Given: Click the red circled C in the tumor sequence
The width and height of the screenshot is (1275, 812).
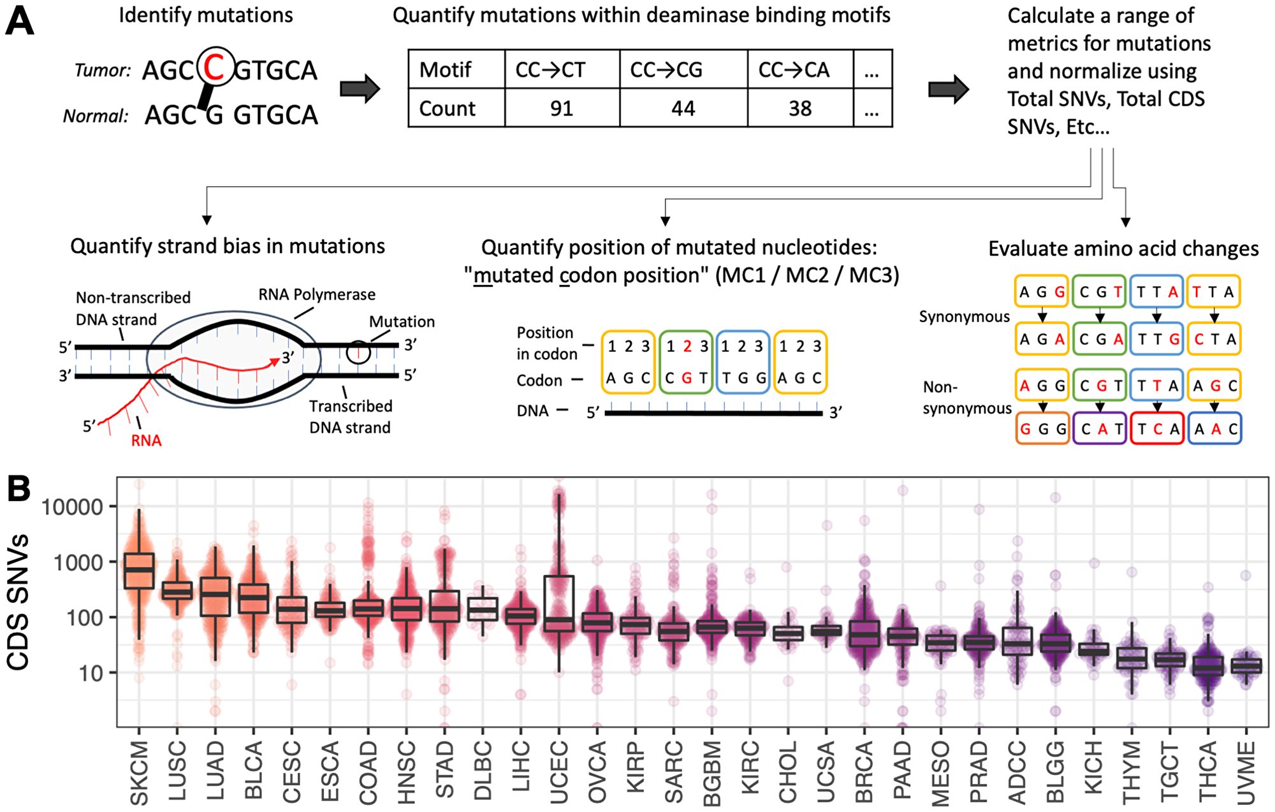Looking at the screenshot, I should pyautogui.click(x=215, y=68).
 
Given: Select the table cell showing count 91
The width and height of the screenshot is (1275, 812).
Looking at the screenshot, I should pyautogui.click(x=562, y=108).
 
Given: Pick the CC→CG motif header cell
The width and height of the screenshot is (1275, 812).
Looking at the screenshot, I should pyautogui.click(x=683, y=69).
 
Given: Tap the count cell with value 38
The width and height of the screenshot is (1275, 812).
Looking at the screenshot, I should pyautogui.click(x=800, y=108).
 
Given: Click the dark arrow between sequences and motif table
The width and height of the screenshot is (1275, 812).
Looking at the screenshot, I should pyautogui.click(x=360, y=89).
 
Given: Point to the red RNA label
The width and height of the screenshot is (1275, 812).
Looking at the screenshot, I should pyautogui.click(x=146, y=440).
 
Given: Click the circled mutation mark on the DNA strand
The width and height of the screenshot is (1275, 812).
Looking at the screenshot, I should pyautogui.click(x=359, y=351).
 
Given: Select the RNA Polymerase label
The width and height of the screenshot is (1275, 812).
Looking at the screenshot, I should pyautogui.click(x=316, y=295).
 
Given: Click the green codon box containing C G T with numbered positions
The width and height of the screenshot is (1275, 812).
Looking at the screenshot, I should pyautogui.click(x=686, y=362).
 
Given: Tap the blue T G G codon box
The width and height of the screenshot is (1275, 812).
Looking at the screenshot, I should pyautogui.click(x=743, y=362).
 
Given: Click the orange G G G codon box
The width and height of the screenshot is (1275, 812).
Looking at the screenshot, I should pyautogui.click(x=1042, y=429).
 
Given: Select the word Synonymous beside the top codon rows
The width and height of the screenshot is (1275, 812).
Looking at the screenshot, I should pyautogui.click(x=964, y=317).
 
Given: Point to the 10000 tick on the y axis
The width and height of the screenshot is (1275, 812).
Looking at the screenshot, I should pyautogui.click(x=71, y=507).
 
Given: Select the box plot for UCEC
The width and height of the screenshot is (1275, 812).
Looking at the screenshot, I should pyautogui.click(x=559, y=602).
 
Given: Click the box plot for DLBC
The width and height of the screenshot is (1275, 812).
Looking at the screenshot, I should pyautogui.click(x=483, y=609).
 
